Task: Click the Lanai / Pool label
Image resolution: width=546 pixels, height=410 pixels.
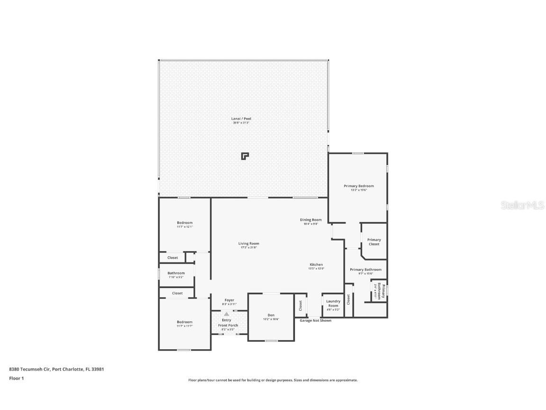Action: point(241,121)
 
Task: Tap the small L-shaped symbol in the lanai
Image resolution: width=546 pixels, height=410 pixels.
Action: point(245,156)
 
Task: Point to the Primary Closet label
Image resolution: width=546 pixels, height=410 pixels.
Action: point(373,242)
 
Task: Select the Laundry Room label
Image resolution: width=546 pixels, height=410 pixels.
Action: point(333,303)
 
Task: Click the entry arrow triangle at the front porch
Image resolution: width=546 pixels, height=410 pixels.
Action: point(227,314)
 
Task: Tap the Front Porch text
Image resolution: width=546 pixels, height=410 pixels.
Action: point(228,325)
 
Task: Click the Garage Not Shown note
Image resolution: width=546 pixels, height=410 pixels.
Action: point(315,320)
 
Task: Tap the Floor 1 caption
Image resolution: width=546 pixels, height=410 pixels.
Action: point(16,378)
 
